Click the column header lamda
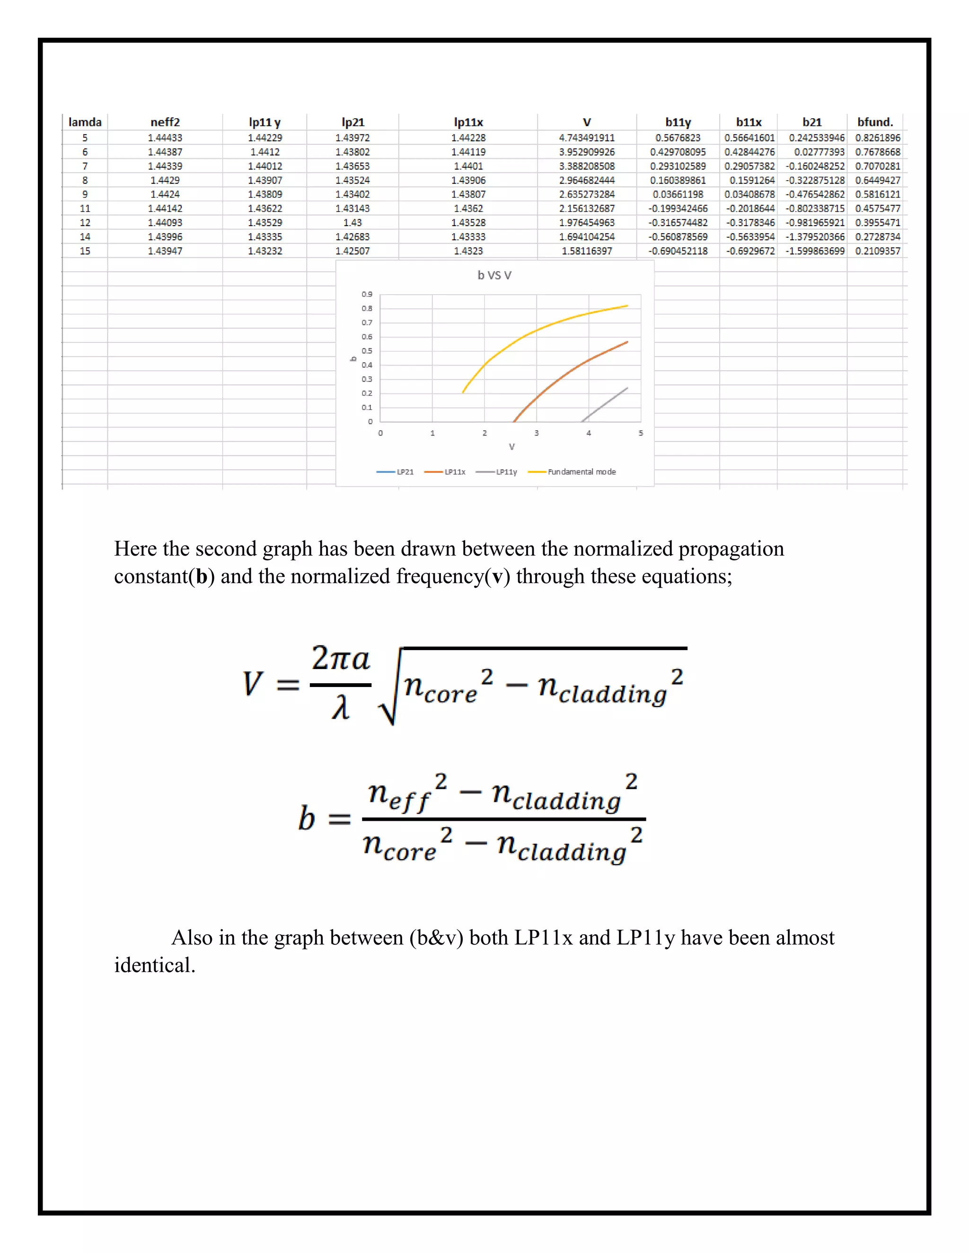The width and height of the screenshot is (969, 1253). click(x=85, y=122)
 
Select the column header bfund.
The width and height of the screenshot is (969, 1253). click(x=875, y=122)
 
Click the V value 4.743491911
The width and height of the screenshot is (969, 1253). click(x=587, y=138)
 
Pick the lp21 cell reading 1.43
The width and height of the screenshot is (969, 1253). click(x=352, y=223)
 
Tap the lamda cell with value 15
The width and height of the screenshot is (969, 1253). click(x=85, y=251)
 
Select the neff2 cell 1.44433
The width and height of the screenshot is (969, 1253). click(x=165, y=138)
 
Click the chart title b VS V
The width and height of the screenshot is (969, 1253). click(x=494, y=275)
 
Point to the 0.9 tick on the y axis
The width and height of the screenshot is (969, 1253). click(x=367, y=294)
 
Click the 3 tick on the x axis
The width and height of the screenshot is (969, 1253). click(x=536, y=433)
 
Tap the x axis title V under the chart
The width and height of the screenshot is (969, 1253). click(x=511, y=447)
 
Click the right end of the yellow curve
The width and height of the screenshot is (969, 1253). click(x=627, y=306)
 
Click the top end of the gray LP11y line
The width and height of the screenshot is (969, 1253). click(x=627, y=388)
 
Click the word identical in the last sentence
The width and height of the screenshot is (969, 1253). click(x=154, y=965)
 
